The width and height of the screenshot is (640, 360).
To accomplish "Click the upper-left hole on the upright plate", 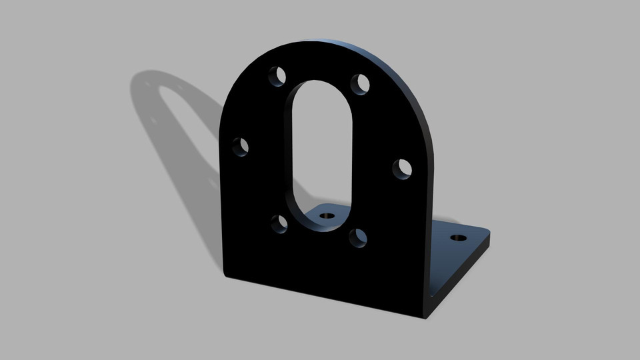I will coord(276,75).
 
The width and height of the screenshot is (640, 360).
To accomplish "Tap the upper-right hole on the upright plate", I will coord(361,84).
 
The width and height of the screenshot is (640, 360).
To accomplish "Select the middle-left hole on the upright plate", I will coord(240,146).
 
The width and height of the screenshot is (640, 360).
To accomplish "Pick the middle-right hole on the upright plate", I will coord(402,169).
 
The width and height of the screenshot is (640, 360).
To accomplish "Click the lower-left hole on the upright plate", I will coord(280,223).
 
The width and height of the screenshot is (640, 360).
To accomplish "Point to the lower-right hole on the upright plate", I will coord(358,238).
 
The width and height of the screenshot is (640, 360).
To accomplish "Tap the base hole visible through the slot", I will coord(326,216).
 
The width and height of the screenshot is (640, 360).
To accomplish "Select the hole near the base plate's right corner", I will coord(457,237).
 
